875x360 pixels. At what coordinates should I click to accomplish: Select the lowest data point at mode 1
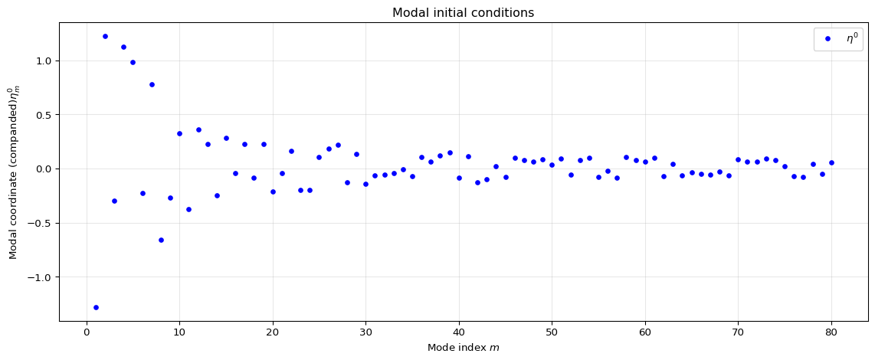pos(96,307)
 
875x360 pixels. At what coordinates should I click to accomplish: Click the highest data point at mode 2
pos(105,36)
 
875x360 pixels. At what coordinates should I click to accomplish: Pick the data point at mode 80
pos(831,162)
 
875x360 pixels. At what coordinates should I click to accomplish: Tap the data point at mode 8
pos(161,240)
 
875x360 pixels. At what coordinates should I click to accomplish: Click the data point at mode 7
pos(152,84)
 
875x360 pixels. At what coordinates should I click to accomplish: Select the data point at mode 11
pos(188,209)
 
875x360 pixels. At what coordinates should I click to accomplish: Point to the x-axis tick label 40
pos(459,331)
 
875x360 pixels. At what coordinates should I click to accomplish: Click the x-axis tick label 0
pos(87,331)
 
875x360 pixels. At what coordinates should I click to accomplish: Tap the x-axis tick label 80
pos(831,331)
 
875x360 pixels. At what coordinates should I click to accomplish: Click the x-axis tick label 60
pos(645,331)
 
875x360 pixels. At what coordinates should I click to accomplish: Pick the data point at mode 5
pos(133,62)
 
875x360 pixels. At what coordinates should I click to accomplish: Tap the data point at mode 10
pos(179,133)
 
